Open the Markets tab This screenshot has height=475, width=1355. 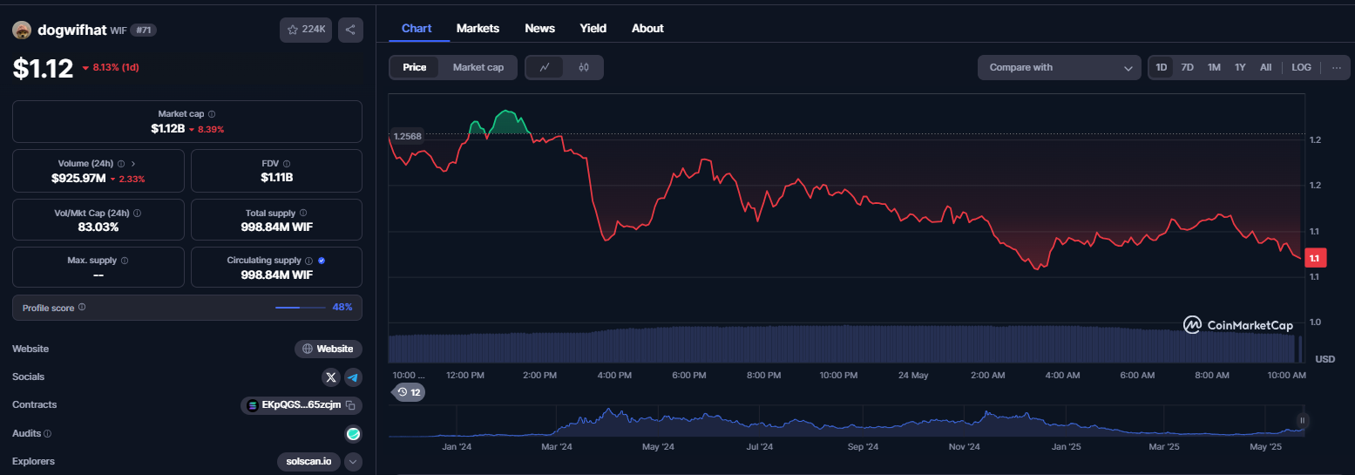pos(478,29)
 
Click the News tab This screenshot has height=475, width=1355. pos(539,29)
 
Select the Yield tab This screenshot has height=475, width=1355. pos(593,29)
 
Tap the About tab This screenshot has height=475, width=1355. pos(647,29)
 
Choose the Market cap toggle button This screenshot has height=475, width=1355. pos(478,67)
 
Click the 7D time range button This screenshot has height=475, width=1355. pos(1187,67)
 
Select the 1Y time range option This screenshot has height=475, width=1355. pos(1240,67)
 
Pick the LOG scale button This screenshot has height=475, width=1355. pos(1301,67)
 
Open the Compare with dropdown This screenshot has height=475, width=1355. pos(1060,67)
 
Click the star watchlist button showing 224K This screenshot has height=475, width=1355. pos(306,30)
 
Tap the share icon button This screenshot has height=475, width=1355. pos(350,30)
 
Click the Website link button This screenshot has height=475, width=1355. pos(329,349)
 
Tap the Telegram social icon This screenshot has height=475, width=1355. pos(353,377)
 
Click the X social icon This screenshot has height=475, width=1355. pos(331,377)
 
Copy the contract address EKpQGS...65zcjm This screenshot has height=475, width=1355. pos(350,404)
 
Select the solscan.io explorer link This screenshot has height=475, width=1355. pos(308,461)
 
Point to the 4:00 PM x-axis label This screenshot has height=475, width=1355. pos(614,375)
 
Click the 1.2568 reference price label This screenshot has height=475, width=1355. pos(407,136)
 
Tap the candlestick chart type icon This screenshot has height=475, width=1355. pos(584,67)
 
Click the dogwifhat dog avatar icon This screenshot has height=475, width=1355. pos(22,30)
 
